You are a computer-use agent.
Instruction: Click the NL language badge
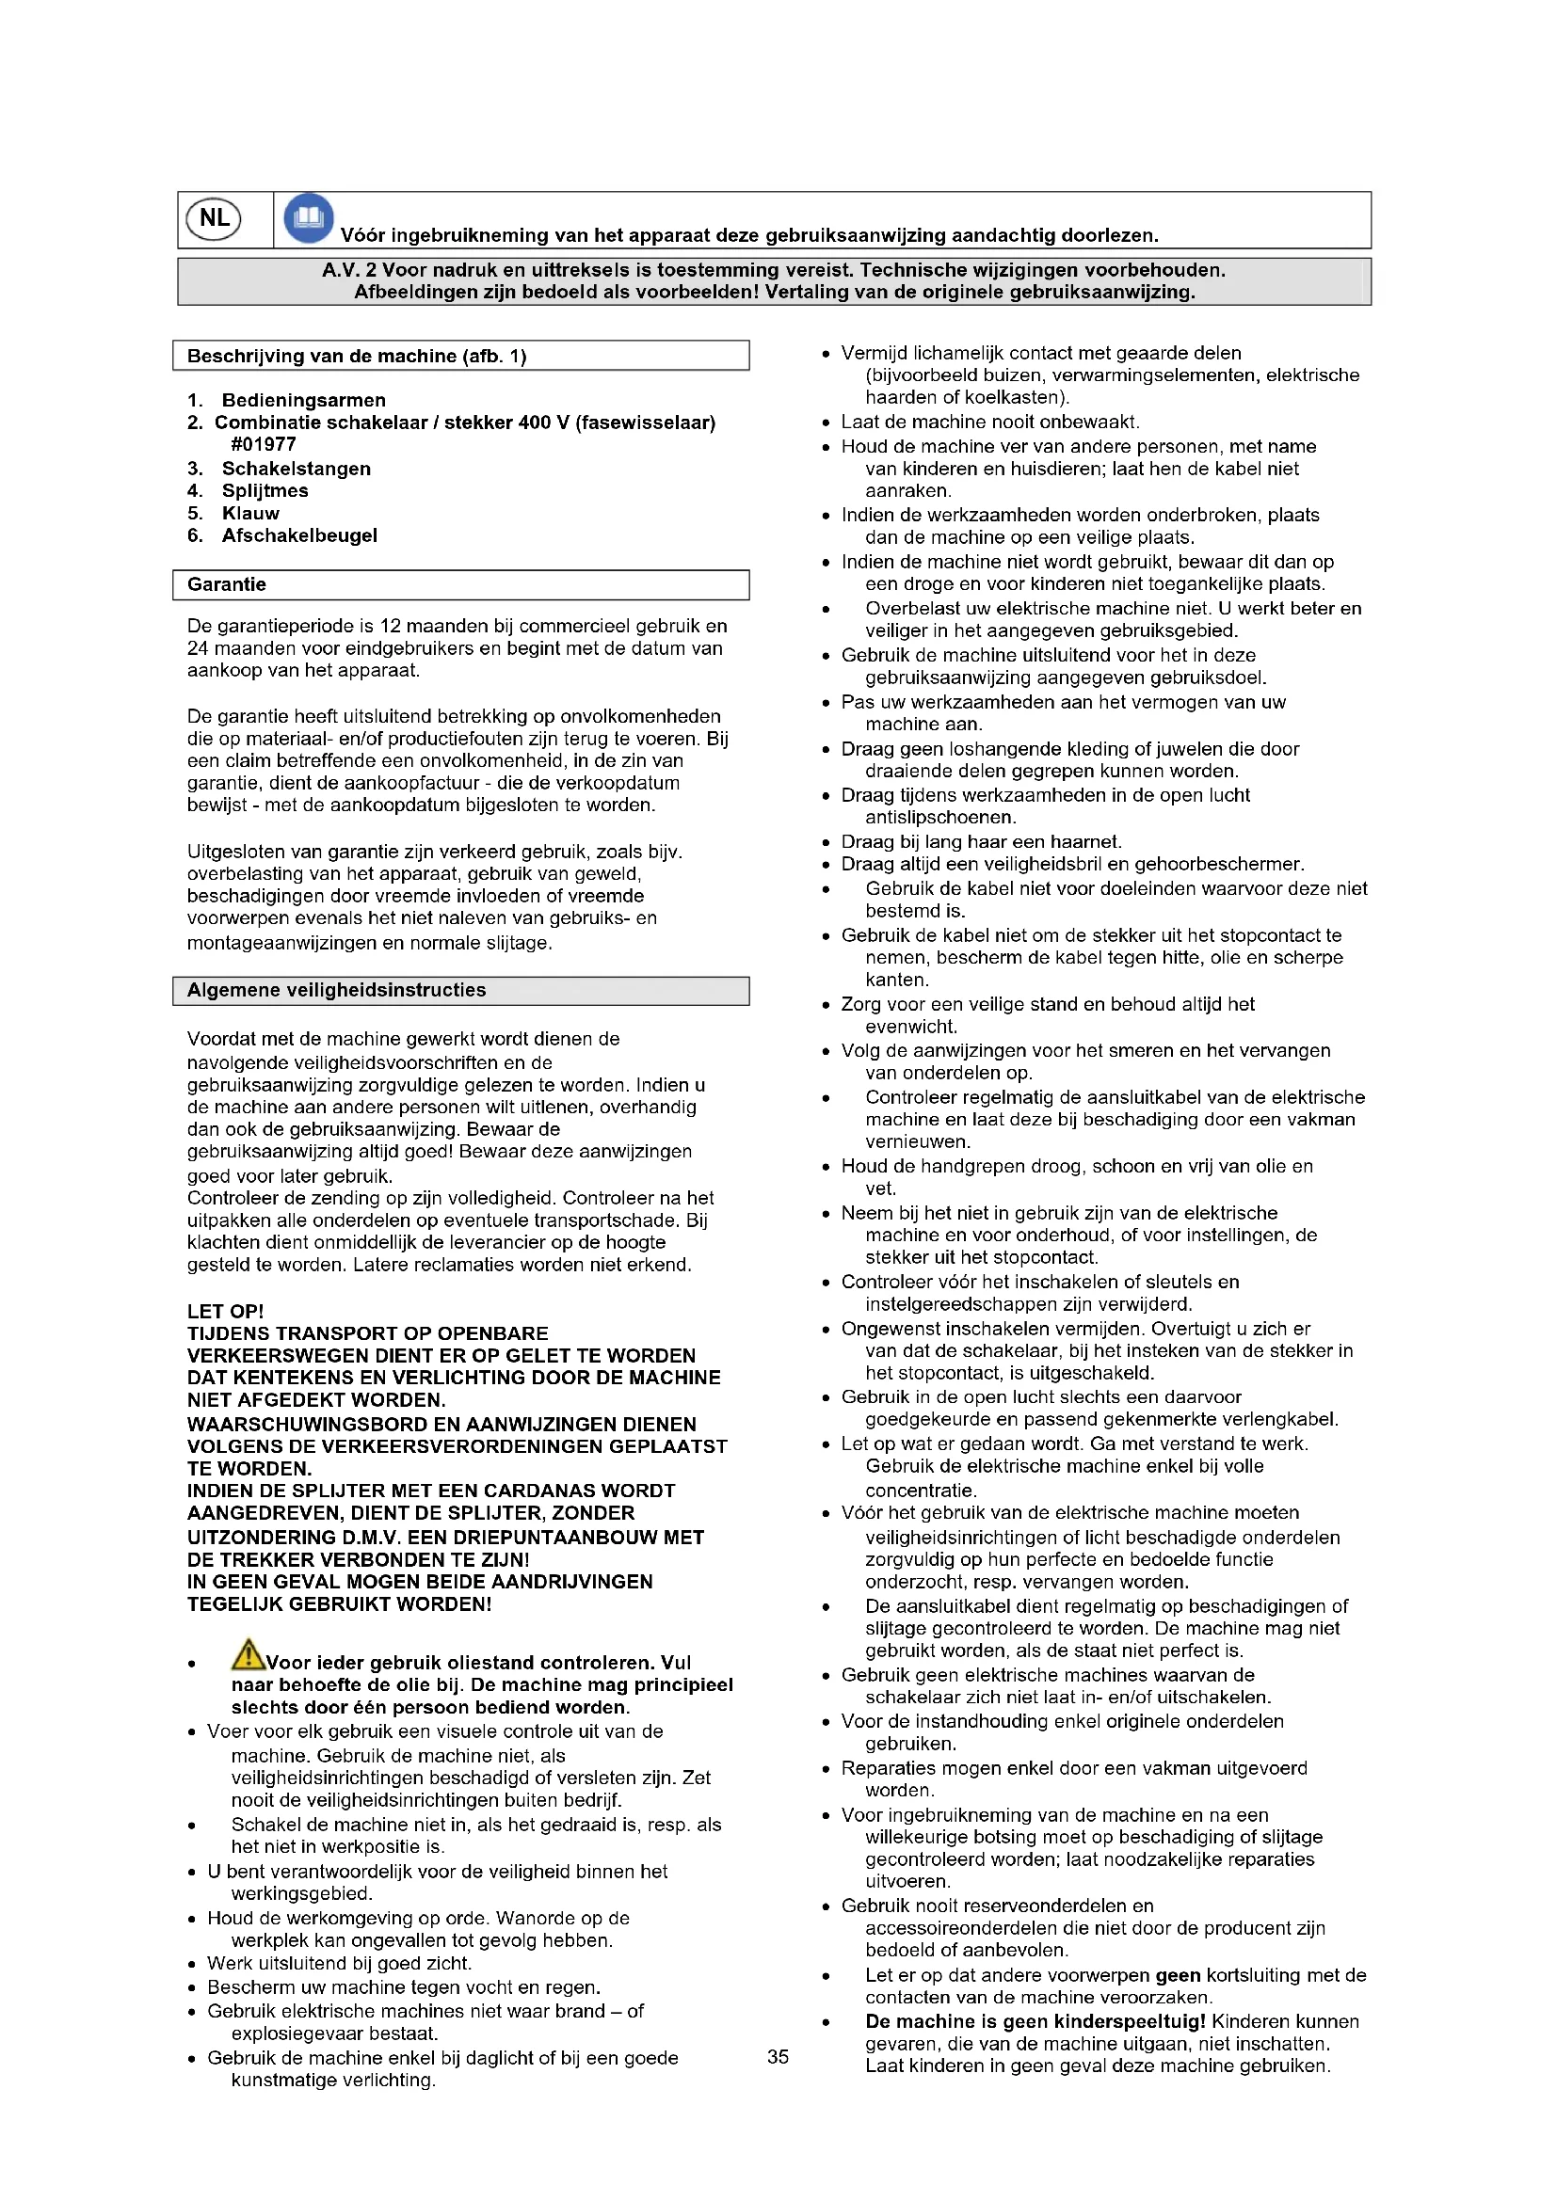(x=214, y=218)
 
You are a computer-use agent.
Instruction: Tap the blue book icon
(x=309, y=217)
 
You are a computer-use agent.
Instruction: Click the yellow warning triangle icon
(x=248, y=1653)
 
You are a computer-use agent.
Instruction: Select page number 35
(x=778, y=2056)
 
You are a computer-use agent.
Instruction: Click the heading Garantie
(x=227, y=584)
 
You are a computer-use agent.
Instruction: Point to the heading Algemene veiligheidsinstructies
(x=336, y=990)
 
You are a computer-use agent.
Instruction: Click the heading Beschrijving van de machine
(x=357, y=357)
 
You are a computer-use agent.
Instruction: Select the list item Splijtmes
(x=265, y=491)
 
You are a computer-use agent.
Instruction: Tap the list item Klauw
(x=250, y=513)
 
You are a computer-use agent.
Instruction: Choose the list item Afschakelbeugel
(x=299, y=534)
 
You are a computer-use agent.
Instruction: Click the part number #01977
(x=264, y=444)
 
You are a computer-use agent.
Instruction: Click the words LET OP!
(x=225, y=1312)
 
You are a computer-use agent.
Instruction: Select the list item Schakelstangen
(x=297, y=469)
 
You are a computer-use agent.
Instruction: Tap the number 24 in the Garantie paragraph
(x=198, y=648)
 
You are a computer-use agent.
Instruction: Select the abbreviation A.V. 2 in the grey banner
(x=349, y=270)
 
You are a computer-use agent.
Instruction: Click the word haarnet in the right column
(x=1085, y=841)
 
